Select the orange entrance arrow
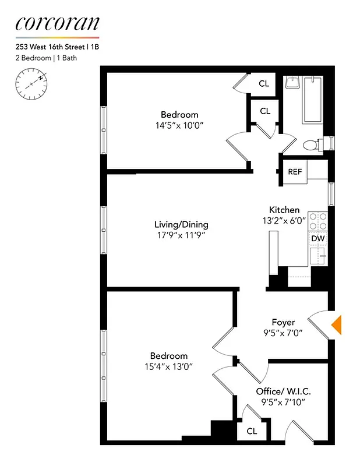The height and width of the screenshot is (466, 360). (336, 325)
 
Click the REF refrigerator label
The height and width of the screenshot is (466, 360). (295, 172)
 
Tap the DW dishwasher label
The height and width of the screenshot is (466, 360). (317, 238)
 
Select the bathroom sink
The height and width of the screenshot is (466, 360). (292, 83)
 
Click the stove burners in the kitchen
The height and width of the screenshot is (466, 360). (317, 221)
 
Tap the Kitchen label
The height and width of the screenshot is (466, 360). (284, 210)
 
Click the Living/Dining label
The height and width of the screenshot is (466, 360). (181, 224)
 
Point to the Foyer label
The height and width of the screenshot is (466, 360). (283, 322)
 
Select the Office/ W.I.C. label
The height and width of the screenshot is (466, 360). (279, 391)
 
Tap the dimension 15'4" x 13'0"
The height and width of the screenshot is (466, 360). (169, 366)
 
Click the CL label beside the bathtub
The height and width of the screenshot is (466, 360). (264, 84)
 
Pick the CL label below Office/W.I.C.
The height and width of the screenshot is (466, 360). (252, 432)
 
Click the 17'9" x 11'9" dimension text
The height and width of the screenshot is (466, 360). (181, 235)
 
